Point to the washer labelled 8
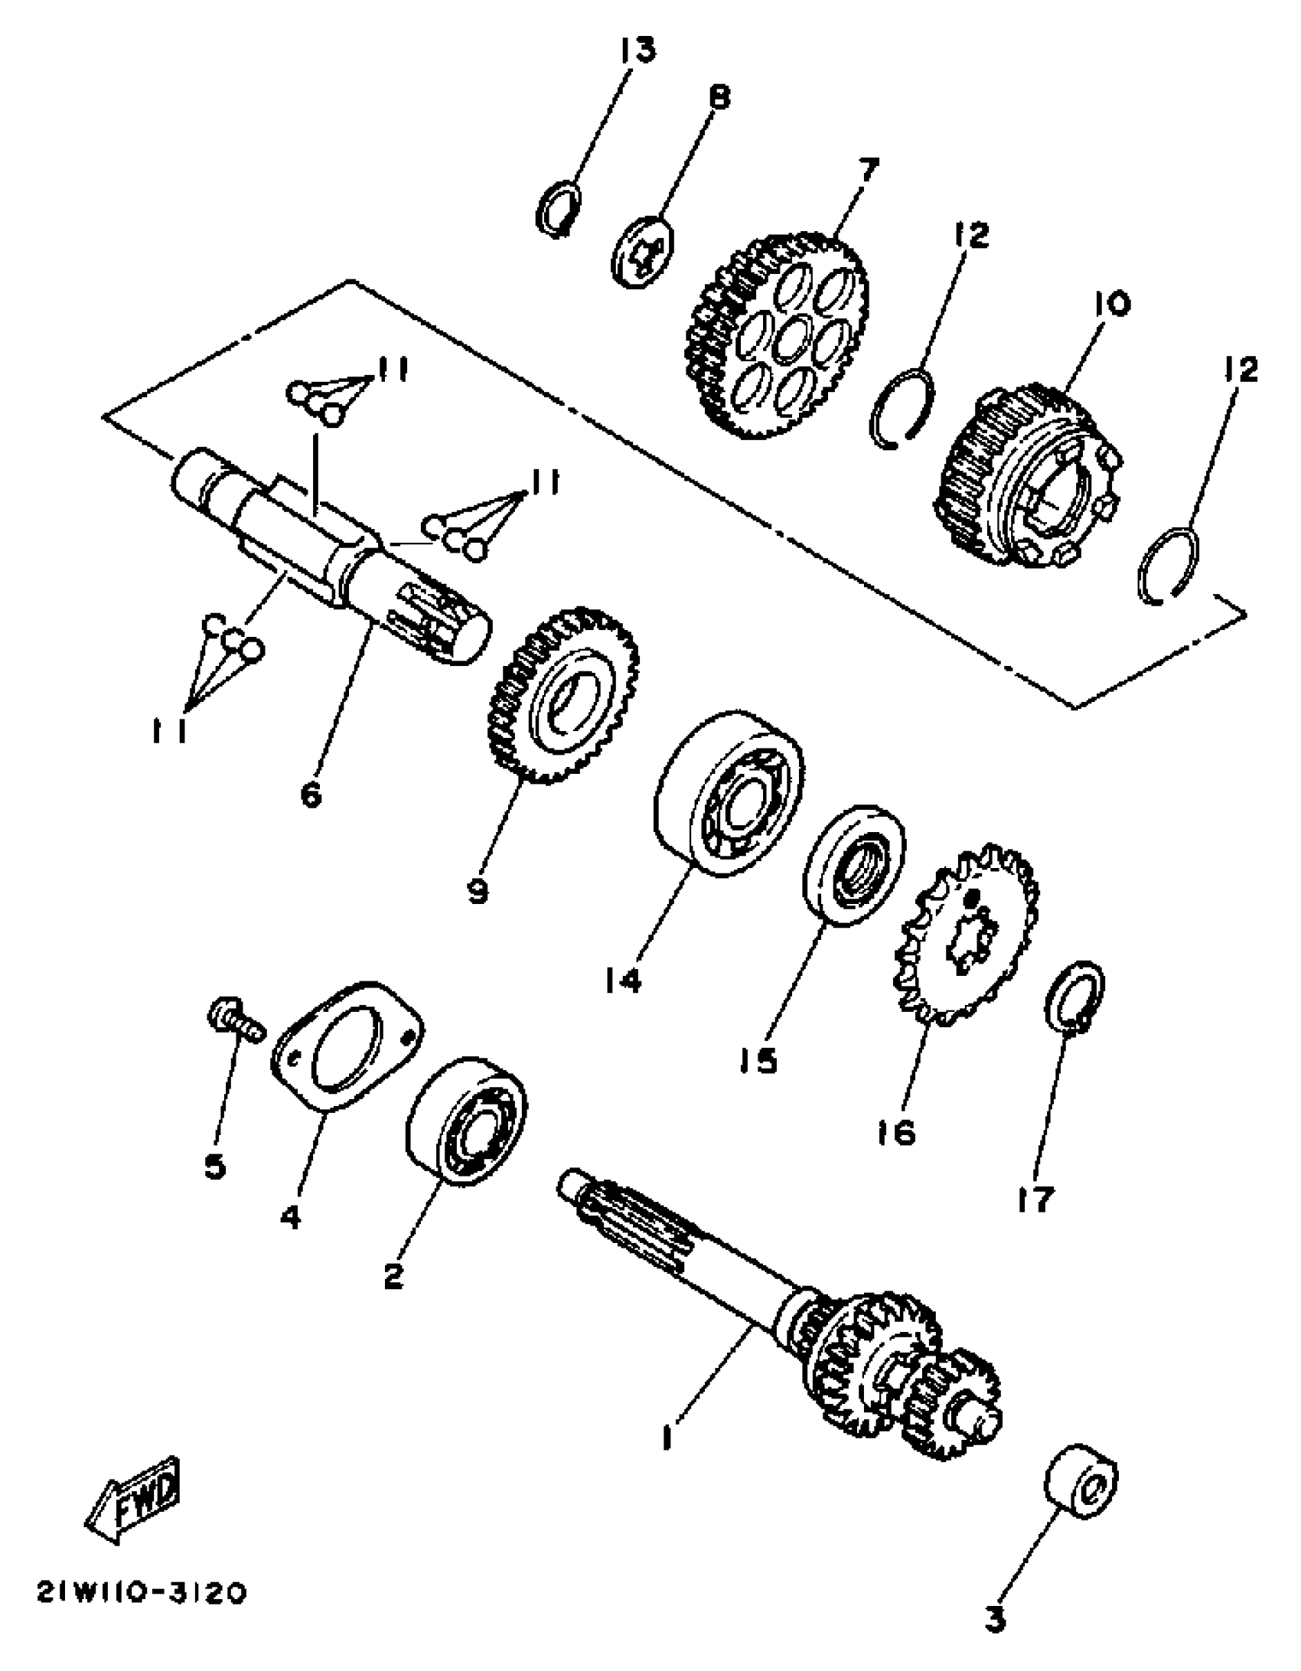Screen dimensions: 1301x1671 (644, 251)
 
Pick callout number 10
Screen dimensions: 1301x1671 (1112, 304)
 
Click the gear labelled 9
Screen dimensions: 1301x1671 (563, 695)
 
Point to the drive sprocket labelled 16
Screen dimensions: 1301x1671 (966, 937)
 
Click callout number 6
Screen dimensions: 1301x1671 (311, 795)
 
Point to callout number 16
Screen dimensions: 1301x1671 (896, 1131)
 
